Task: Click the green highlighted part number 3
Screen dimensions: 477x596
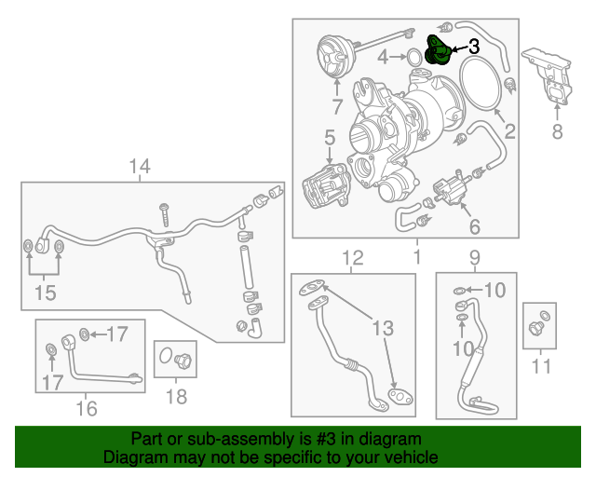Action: pos(437,51)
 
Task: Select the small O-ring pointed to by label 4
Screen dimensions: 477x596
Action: pos(411,59)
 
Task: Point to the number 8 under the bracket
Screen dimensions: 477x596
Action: pos(557,131)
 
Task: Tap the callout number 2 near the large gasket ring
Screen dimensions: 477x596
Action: pos(510,131)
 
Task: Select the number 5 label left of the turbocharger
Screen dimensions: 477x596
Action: pos(329,138)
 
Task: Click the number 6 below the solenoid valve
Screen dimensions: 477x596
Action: pos(474,226)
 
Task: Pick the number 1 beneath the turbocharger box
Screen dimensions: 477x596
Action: pos(417,255)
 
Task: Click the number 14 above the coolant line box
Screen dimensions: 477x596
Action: pos(139,167)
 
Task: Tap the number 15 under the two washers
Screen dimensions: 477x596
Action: pos(45,293)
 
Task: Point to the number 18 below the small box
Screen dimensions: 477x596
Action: pos(175,396)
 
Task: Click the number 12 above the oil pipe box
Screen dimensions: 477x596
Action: pos(351,257)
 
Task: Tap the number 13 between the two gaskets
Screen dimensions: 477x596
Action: pos(383,327)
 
